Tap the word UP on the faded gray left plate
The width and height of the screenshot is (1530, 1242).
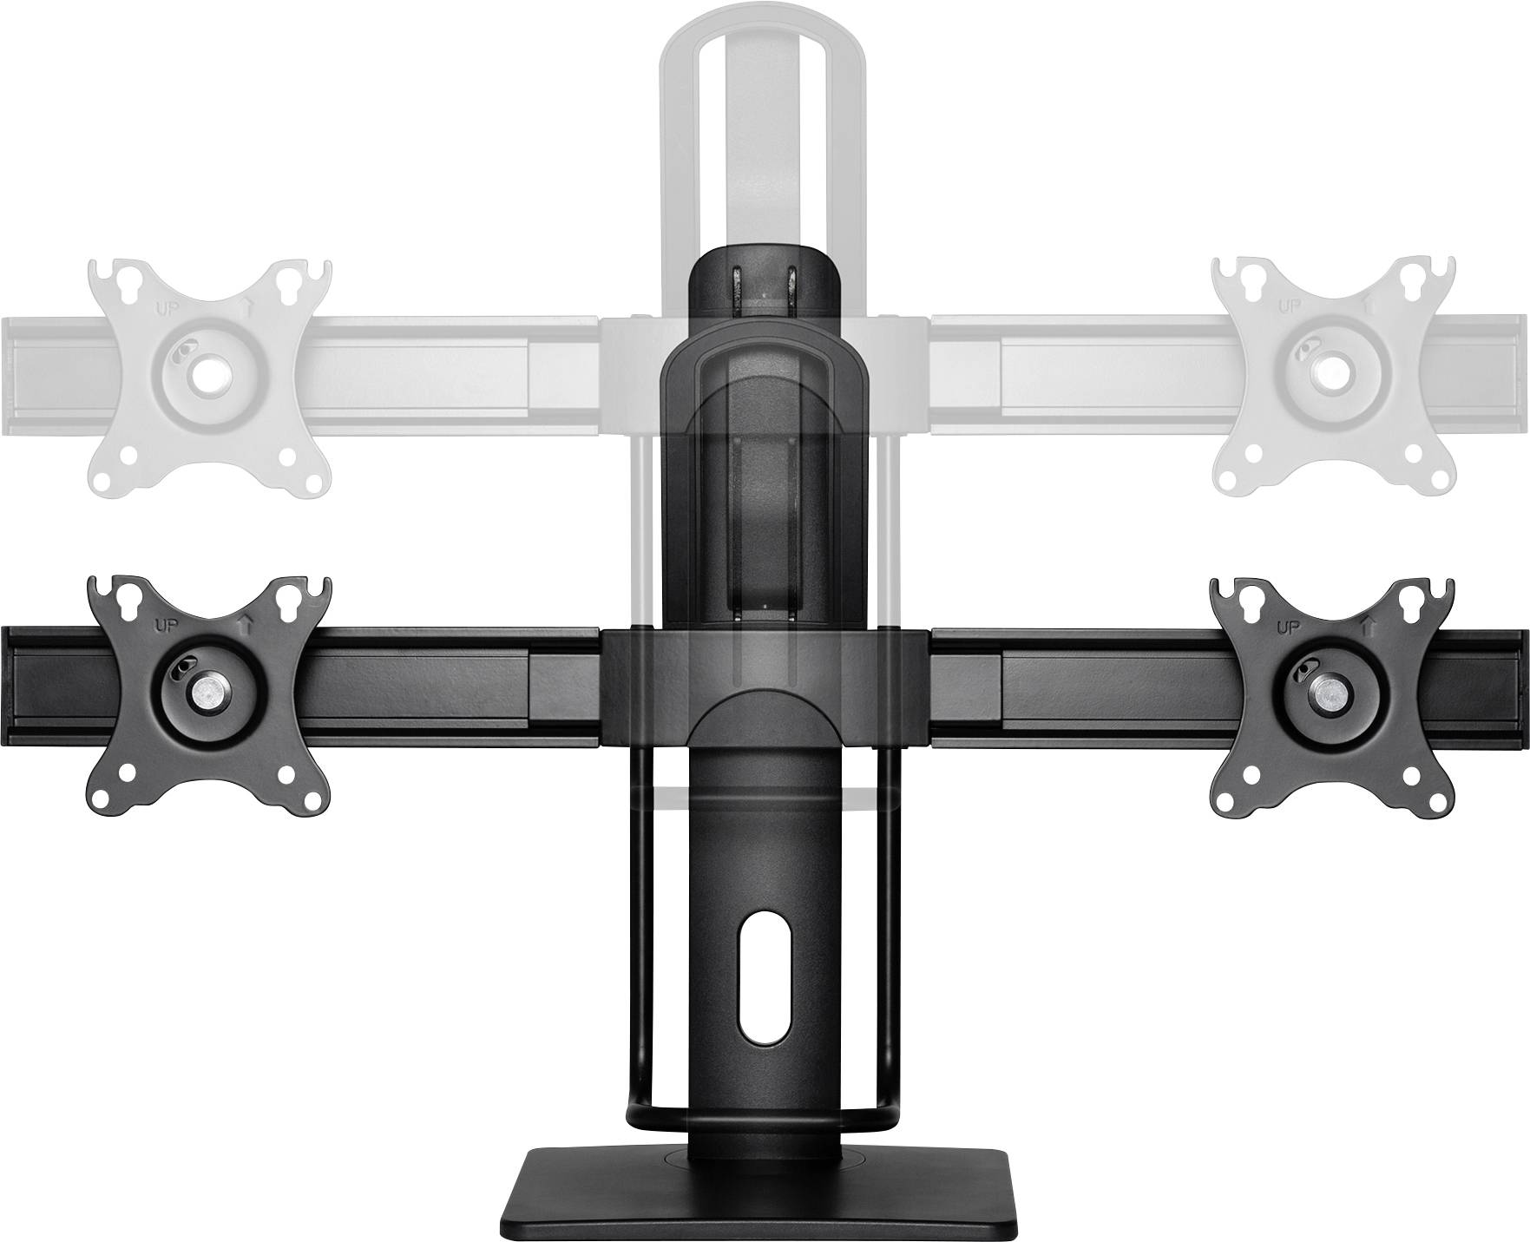point(162,306)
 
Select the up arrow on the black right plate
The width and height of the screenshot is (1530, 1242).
point(1368,626)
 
